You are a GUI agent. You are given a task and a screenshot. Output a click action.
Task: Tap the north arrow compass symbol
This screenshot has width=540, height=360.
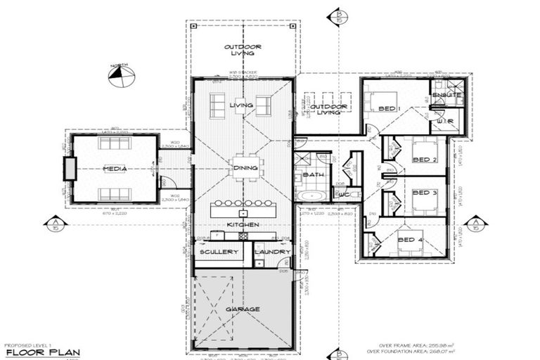pyautogui.click(x=121, y=75)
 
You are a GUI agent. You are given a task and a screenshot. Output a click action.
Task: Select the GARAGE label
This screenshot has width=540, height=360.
pyautogui.click(x=243, y=309)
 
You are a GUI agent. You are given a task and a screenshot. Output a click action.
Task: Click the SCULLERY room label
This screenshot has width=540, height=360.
pyautogui.click(x=219, y=252)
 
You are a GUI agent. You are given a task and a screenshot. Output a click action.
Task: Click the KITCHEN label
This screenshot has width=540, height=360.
pyautogui.click(x=243, y=224)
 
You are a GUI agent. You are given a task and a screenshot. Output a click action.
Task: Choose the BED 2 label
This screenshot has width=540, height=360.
pyautogui.click(x=425, y=160)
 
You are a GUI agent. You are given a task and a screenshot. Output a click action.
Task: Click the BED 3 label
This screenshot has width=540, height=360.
pyautogui.click(x=425, y=192)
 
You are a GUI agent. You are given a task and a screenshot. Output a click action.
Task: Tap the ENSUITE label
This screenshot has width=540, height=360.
pyautogui.click(x=447, y=95)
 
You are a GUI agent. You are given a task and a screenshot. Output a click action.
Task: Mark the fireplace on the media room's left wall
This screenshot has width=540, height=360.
pyautogui.click(x=69, y=169)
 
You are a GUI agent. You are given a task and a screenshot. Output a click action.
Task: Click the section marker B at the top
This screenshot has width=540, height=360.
pyautogui.click(x=340, y=16)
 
